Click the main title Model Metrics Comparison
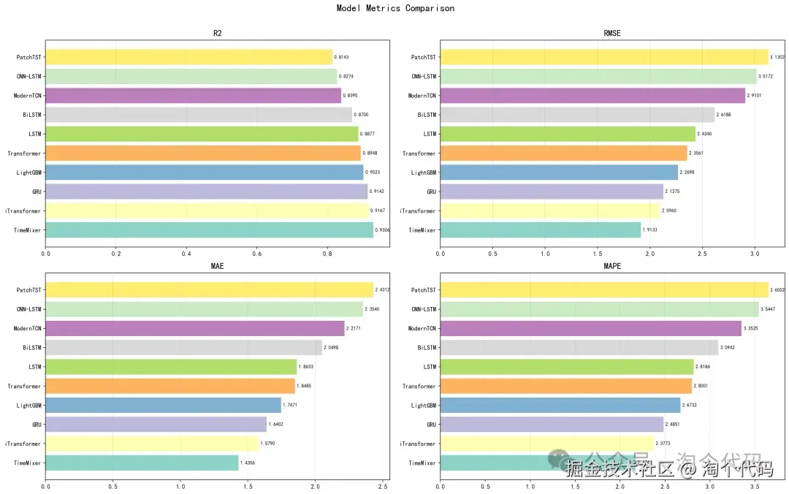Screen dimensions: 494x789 pos(395,9)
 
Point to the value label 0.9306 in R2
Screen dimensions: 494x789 pos(383,230)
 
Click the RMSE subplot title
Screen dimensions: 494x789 pos(612,34)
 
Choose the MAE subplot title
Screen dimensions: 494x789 pos(217,266)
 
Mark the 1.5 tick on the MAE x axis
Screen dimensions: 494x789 pos(248,485)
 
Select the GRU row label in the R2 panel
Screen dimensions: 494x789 pos(37,191)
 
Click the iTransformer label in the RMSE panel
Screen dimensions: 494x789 pos(417,211)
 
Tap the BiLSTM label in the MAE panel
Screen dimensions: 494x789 pos(31,348)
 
